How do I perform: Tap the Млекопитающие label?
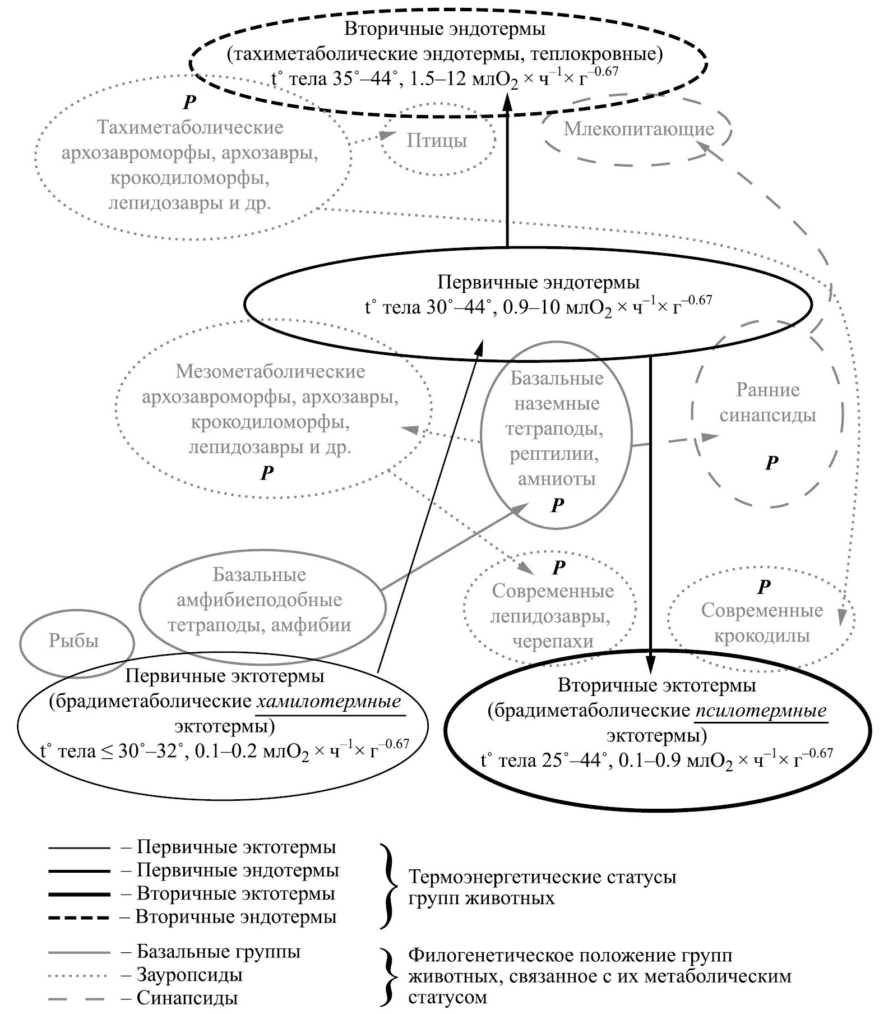pos(638,130)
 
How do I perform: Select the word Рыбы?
pos(73,641)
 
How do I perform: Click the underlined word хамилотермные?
pos(330,702)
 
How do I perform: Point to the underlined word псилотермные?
pos(761,711)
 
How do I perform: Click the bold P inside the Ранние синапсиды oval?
pos(772,463)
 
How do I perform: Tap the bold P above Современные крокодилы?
pos(764,587)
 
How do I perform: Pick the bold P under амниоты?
pos(557,505)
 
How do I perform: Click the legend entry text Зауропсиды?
pos(189,975)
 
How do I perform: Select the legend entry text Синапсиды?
pos(187,998)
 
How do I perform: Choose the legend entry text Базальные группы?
pos(218,952)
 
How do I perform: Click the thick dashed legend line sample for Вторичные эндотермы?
pos(78,918)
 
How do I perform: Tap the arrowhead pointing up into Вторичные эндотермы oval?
pos(507,103)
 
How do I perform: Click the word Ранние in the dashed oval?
pos(768,390)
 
